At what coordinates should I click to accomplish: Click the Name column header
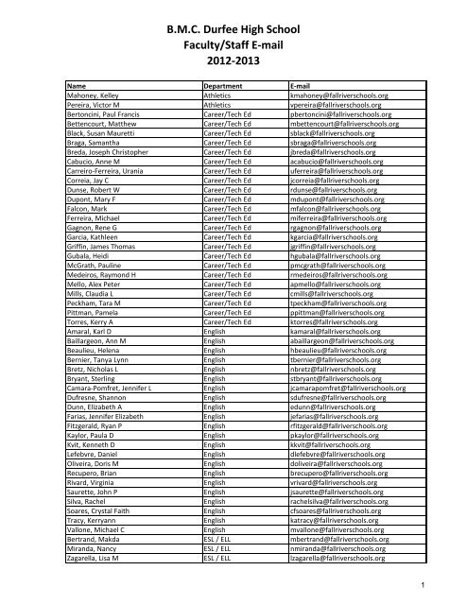click(x=77, y=85)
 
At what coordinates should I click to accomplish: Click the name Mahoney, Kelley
click(x=92, y=96)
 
